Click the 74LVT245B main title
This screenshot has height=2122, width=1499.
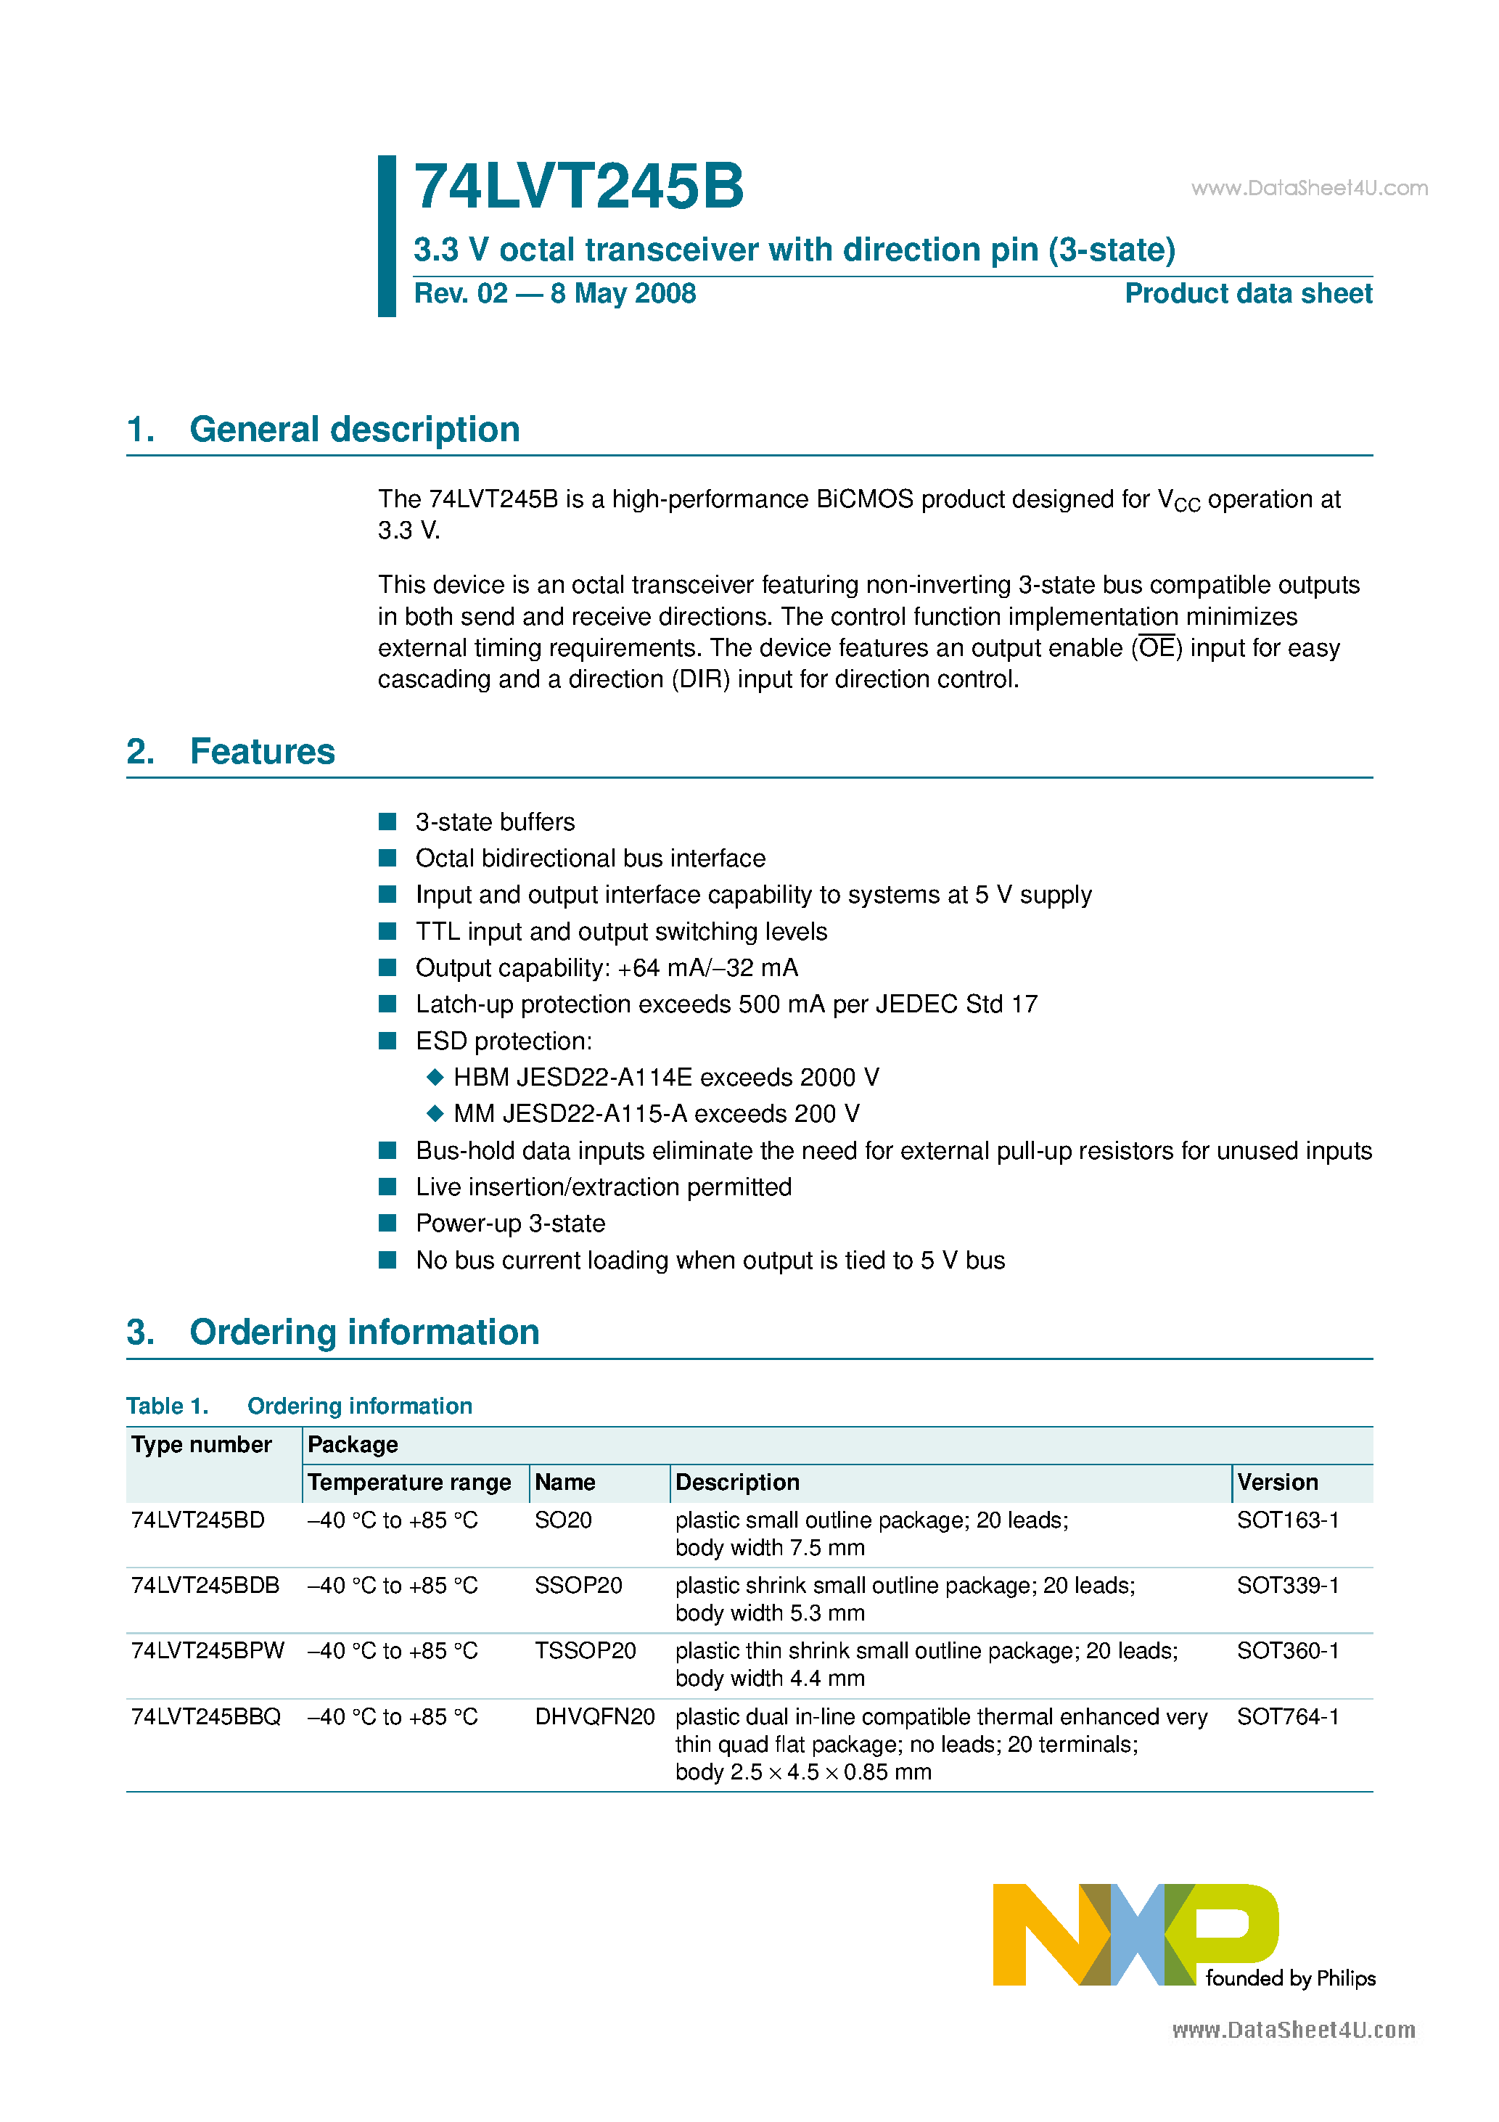(x=578, y=187)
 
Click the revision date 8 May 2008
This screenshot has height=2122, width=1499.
(x=623, y=294)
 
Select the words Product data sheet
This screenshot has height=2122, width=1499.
(x=1248, y=294)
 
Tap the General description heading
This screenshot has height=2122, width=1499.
(x=354, y=430)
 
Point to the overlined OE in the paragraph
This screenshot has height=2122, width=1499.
(x=1156, y=648)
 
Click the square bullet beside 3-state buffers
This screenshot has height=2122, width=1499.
(x=388, y=822)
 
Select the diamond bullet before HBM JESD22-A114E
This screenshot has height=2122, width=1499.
(x=435, y=1077)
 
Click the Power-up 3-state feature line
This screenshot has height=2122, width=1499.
(x=510, y=1224)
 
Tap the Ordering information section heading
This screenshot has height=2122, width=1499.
(x=364, y=1332)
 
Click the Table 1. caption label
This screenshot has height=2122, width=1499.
(x=168, y=1406)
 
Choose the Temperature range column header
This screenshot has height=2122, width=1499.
(x=408, y=1483)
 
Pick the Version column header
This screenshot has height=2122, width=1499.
(x=1277, y=1483)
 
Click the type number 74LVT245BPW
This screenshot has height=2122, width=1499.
(x=208, y=1651)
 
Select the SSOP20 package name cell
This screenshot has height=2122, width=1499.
(x=578, y=1586)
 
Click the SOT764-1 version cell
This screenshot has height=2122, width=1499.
(x=1287, y=1717)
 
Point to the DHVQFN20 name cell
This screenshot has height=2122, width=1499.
(x=594, y=1717)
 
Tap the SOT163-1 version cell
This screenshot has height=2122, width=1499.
(x=1287, y=1520)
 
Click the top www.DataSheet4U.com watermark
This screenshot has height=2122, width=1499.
(x=1309, y=189)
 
